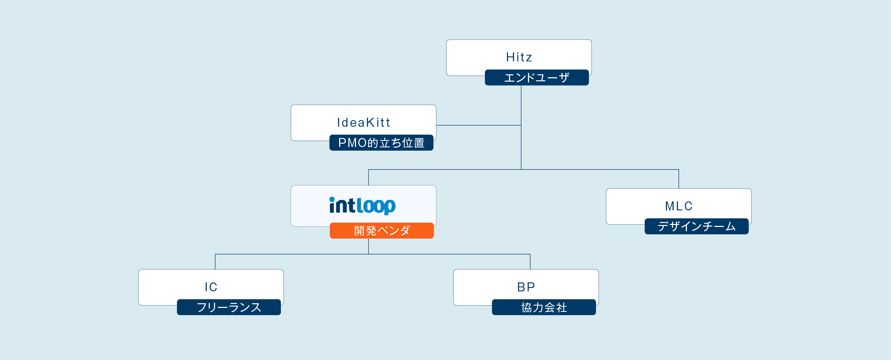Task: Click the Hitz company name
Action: pos(519,57)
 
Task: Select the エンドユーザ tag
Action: pos(537,77)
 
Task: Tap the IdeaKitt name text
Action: pos(363,122)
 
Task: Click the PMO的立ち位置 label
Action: pos(382,142)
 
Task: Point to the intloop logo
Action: pos(362,206)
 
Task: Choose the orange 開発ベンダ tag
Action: pos(382,231)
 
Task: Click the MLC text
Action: pos(679,206)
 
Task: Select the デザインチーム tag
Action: pos(697,226)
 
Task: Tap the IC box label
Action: pos(211,287)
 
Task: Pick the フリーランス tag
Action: pos(229,307)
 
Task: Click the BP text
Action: pos(526,287)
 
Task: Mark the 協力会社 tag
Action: pos(544,307)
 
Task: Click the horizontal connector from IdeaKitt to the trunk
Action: pos(479,125)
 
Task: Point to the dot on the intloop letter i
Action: pos(332,199)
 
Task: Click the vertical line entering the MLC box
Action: pos(679,179)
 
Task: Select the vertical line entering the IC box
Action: pos(215,262)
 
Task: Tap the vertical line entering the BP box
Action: pos(530,262)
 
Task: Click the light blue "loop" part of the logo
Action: pos(376,206)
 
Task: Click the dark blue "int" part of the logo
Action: pos(342,205)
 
